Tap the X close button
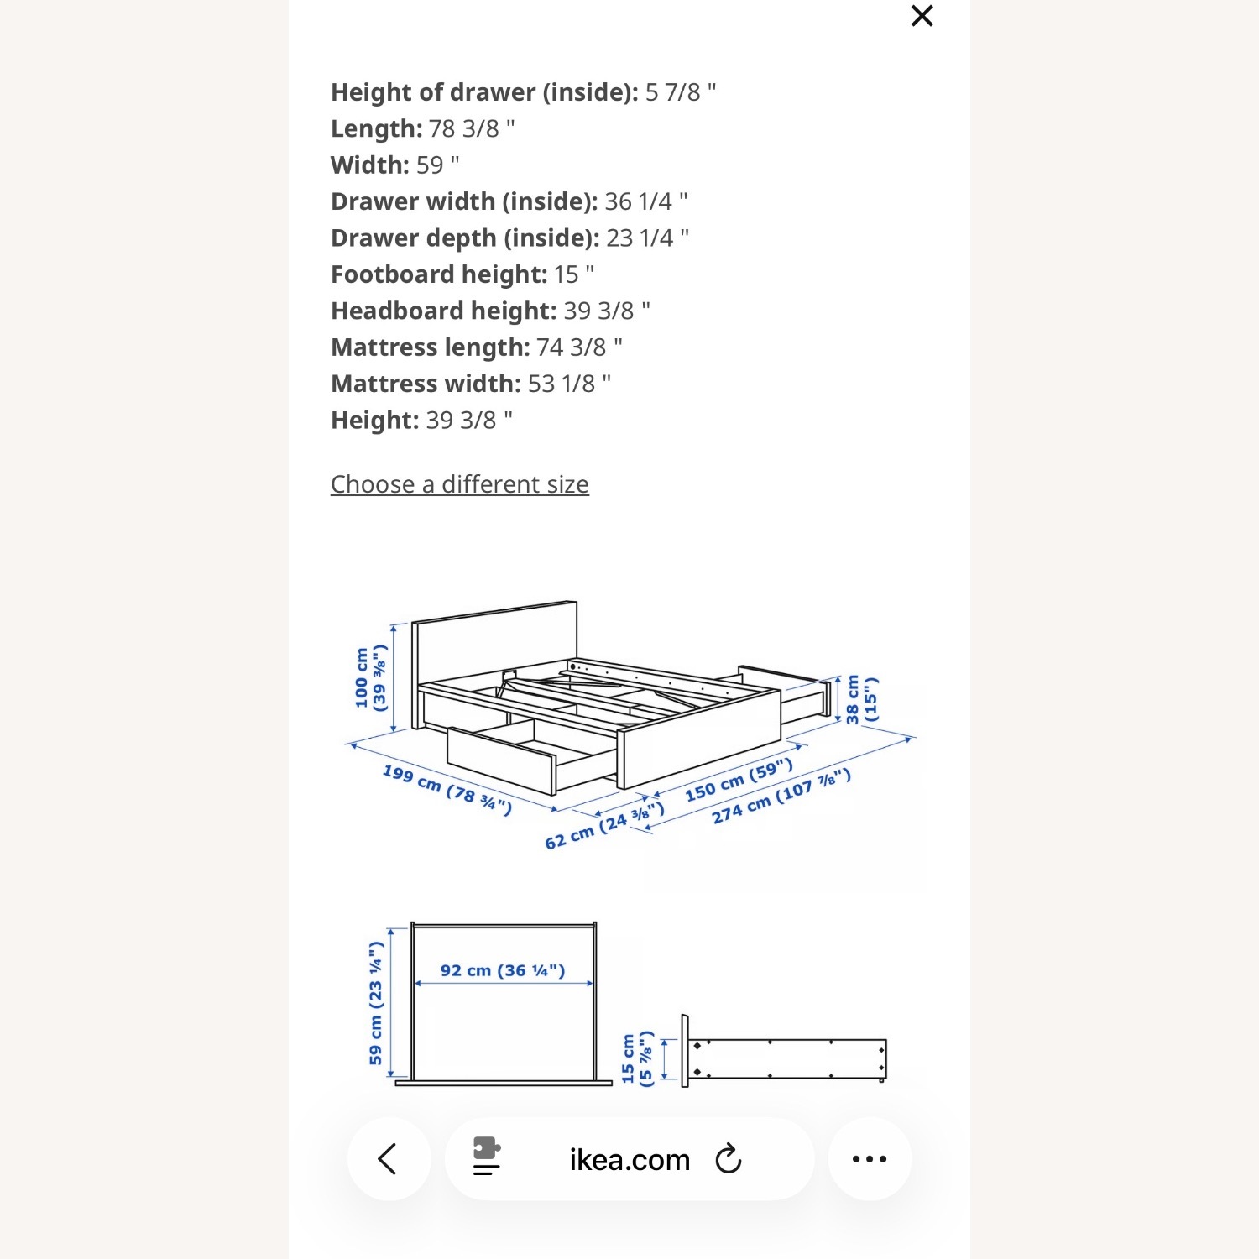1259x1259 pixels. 922,16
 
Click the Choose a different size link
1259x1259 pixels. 459,484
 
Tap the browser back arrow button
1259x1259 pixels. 388,1159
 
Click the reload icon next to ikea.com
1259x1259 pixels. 728,1159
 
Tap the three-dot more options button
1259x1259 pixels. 869,1159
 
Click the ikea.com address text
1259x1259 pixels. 629,1160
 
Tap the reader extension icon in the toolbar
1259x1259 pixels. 486,1157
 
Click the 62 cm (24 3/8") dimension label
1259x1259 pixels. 603,827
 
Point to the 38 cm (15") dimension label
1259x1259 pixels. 861,699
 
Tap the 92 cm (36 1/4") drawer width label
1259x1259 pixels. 502,970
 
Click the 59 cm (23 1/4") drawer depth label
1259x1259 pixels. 375,1003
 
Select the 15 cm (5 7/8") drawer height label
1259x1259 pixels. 636,1058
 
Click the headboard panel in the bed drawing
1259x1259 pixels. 495,646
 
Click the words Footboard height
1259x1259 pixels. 439,274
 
